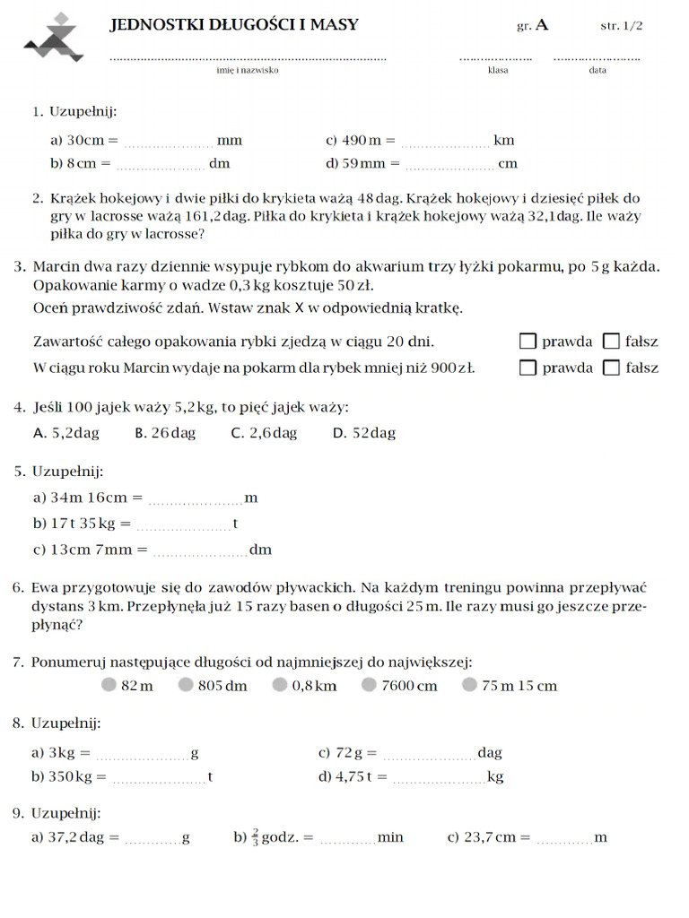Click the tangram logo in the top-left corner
[x=55, y=37]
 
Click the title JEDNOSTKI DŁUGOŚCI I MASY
[x=234, y=25]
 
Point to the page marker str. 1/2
[x=621, y=26]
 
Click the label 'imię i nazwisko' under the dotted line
[x=247, y=70]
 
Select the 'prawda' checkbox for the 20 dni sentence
[x=528, y=341]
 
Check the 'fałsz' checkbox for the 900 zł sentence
[x=611, y=367]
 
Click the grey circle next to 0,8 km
[x=280, y=685]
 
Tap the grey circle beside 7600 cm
[x=369, y=685]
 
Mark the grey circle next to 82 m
[x=109, y=685]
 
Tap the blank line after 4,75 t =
[x=439, y=778]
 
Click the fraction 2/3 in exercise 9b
[x=255, y=836]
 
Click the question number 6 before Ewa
[x=18, y=588]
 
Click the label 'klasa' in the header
[x=497, y=70]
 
